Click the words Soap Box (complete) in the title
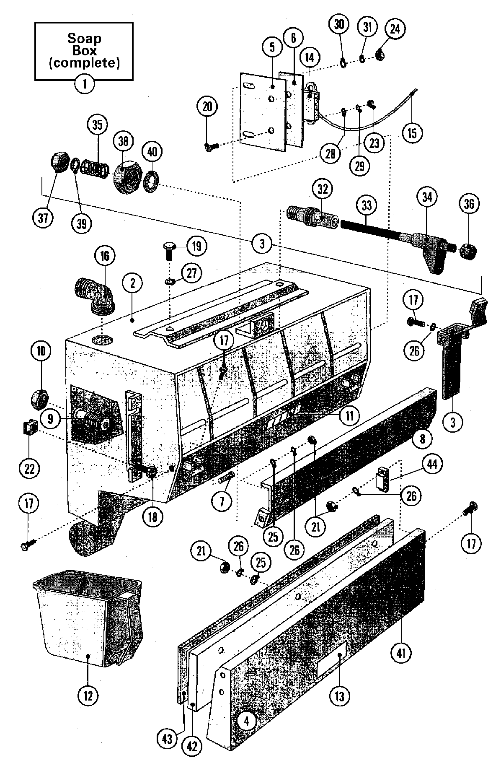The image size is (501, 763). point(85,51)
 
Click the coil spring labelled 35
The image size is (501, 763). point(95,169)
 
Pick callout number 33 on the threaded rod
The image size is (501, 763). point(366,205)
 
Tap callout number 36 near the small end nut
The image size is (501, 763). point(469,204)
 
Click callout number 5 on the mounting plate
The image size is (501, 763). point(273,47)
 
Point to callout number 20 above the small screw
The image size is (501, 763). point(207,107)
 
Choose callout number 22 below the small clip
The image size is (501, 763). point(29,467)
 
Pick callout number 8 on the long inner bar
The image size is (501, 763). point(422,439)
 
